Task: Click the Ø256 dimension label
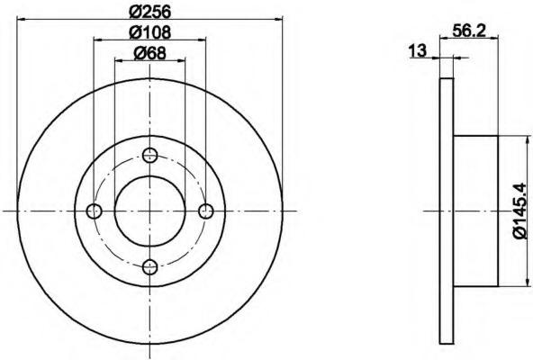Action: coord(149,13)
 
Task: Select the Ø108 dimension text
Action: coord(149,32)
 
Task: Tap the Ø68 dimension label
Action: coord(149,53)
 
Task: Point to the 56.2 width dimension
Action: coord(469,31)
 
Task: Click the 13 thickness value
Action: coord(418,51)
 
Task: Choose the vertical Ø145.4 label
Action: coord(519,211)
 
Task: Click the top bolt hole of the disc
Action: coord(149,156)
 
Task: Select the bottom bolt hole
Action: coord(149,267)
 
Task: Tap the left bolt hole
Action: coord(95,211)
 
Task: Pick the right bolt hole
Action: coord(206,211)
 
